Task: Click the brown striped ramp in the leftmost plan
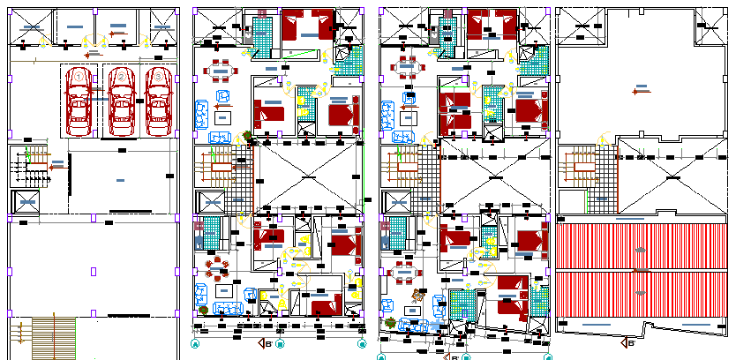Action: coord(53,337)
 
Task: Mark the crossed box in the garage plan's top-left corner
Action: coord(33,26)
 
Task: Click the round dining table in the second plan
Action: coord(215,272)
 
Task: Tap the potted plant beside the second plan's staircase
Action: coord(244,137)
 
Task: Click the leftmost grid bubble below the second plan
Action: coord(195,343)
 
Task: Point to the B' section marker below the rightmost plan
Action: coord(627,342)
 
